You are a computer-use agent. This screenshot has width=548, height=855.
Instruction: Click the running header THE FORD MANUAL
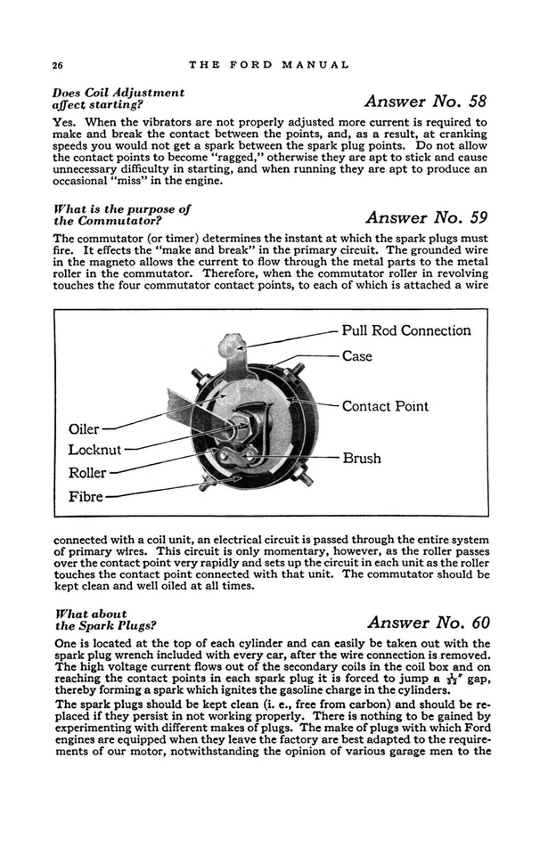click(269, 65)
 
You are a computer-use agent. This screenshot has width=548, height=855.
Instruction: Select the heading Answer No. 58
click(427, 100)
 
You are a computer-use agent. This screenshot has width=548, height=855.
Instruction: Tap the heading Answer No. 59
click(427, 216)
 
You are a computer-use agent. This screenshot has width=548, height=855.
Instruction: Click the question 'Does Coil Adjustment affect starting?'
click(119, 98)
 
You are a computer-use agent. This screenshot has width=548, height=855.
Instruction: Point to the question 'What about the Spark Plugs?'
click(104, 619)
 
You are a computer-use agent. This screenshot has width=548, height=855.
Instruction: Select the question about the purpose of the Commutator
click(122, 215)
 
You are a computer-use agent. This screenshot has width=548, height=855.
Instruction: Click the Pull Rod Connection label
click(406, 330)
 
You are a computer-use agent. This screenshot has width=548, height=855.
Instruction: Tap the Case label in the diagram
click(356, 356)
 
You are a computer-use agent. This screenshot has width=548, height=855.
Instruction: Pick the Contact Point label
click(385, 406)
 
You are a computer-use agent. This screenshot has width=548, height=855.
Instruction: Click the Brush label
click(361, 458)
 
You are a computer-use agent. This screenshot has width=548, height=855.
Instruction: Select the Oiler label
click(84, 428)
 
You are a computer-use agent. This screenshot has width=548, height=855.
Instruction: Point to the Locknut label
click(94, 450)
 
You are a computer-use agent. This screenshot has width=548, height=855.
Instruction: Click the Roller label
click(87, 473)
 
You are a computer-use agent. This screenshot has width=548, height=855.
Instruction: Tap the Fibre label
click(86, 496)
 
